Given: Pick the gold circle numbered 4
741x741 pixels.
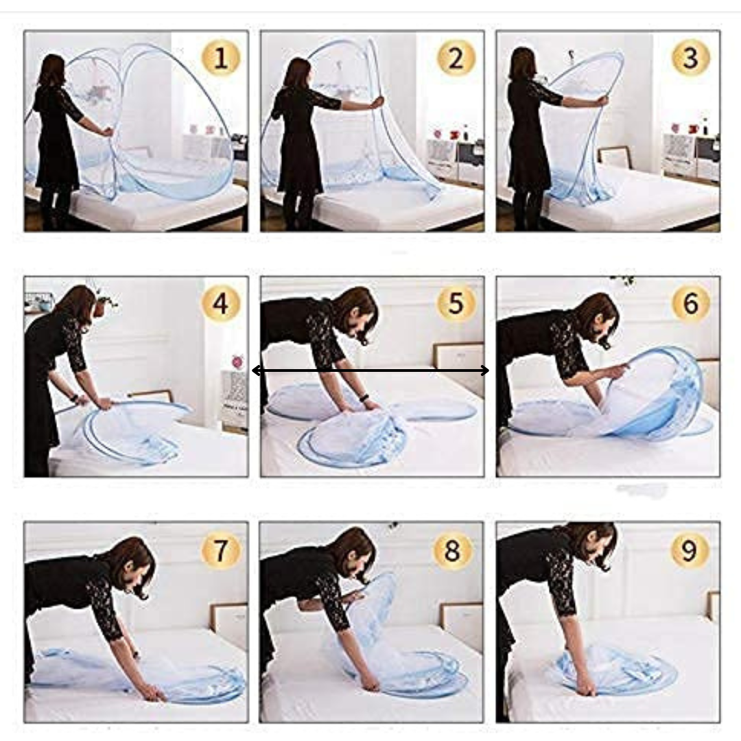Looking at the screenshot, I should pos(221,303).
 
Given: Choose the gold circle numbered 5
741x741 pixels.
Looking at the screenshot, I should pos(456,303).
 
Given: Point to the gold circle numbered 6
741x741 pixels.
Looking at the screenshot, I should pos(691,303).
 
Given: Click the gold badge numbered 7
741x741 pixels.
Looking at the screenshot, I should pos(221,550).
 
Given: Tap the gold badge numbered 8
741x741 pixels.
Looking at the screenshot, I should pos(453,550).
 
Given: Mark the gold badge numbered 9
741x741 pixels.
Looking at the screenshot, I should pos(690,550).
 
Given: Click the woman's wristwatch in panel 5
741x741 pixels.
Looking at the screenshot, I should pos(363,397).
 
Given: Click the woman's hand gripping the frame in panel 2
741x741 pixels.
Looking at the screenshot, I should pos(377,102).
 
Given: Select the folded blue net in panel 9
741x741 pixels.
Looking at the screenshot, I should pos(617,669).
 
